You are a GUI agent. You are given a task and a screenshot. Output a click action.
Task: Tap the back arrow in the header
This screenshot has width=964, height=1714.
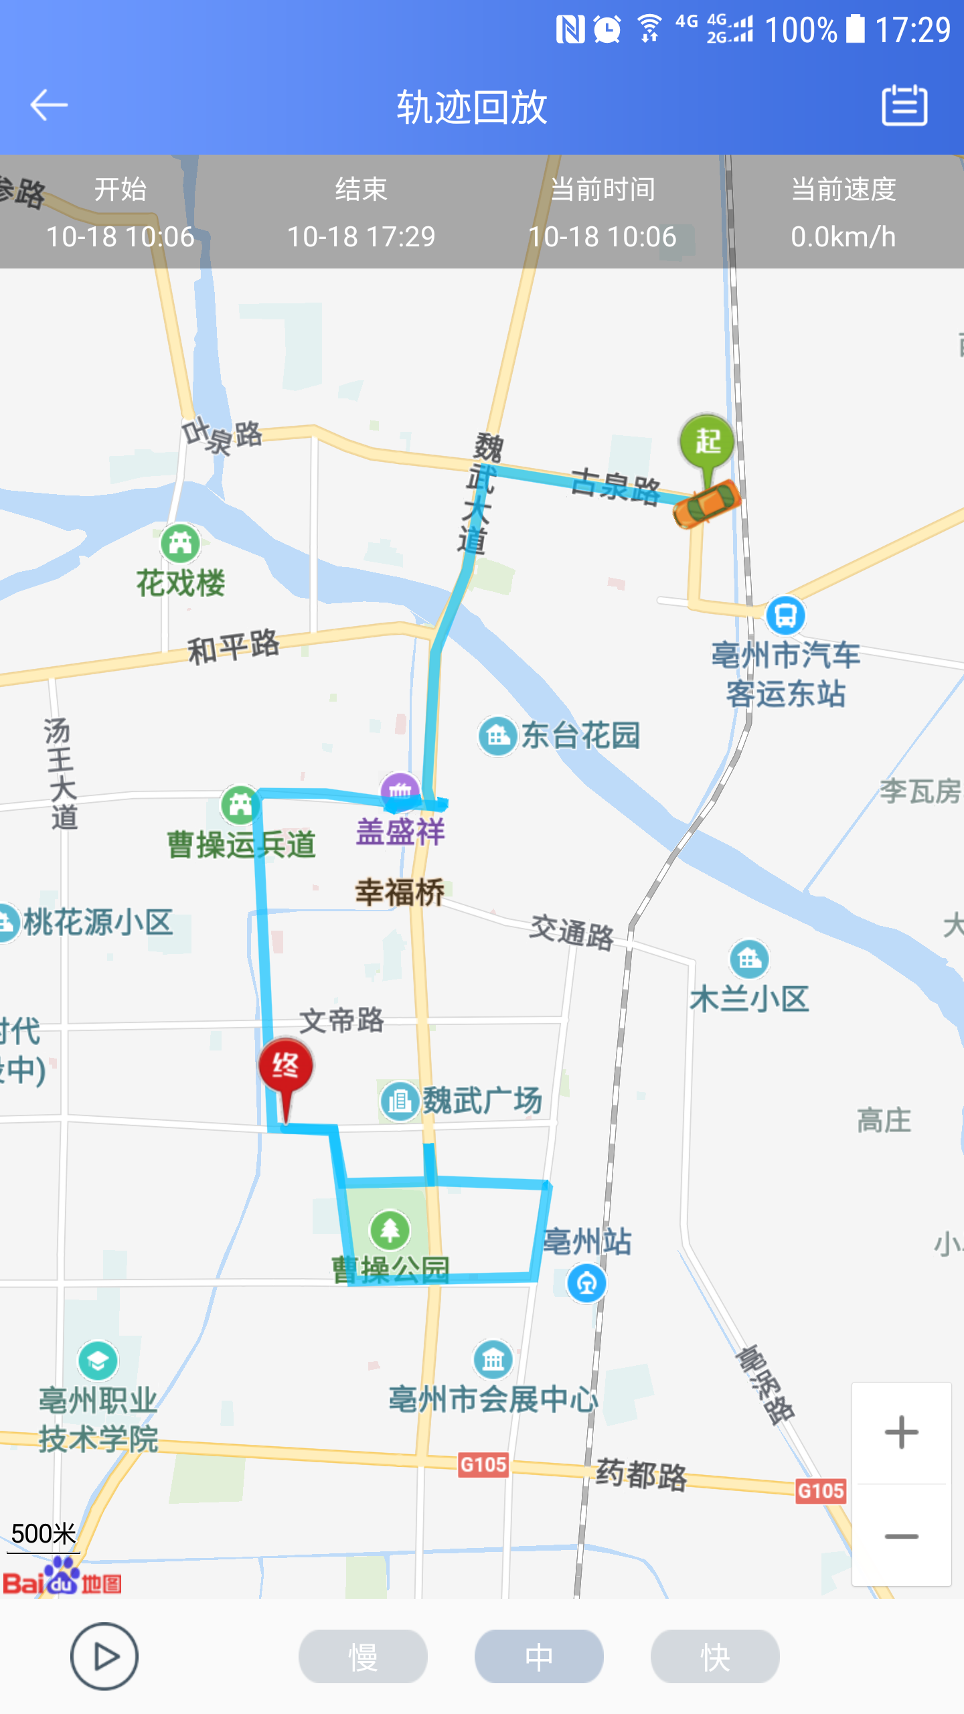click(49, 105)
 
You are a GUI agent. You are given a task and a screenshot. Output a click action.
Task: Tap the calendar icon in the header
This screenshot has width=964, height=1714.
click(904, 105)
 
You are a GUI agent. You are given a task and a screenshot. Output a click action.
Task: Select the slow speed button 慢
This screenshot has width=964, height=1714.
click(363, 1656)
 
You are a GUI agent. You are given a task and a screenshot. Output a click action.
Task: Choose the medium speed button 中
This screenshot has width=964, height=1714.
click(539, 1656)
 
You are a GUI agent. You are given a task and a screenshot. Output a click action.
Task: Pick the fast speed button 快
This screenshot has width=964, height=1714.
click(715, 1656)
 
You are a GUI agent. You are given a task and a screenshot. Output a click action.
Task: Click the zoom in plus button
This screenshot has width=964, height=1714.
click(901, 1433)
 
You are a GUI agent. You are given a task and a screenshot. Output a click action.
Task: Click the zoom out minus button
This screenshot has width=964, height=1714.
click(901, 1536)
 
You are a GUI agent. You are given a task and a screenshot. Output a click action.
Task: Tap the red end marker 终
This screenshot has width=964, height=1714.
click(286, 1066)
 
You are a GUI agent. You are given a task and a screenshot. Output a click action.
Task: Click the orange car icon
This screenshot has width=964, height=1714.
click(707, 503)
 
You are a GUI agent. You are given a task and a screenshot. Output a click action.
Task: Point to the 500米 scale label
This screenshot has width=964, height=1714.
click(44, 1533)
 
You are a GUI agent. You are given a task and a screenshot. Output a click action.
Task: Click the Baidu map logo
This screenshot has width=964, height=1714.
click(62, 1577)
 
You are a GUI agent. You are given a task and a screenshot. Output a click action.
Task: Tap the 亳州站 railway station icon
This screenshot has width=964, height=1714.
click(586, 1283)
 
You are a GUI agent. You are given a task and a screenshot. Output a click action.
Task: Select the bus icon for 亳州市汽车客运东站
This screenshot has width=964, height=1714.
click(785, 615)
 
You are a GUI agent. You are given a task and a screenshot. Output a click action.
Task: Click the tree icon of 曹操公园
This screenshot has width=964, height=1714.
click(390, 1230)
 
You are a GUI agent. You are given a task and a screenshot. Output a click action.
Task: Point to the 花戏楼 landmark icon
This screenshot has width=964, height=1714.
click(180, 543)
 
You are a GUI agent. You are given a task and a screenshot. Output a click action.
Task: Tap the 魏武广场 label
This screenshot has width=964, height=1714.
click(482, 1101)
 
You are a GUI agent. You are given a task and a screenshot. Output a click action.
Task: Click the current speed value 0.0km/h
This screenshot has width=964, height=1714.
click(843, 237)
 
